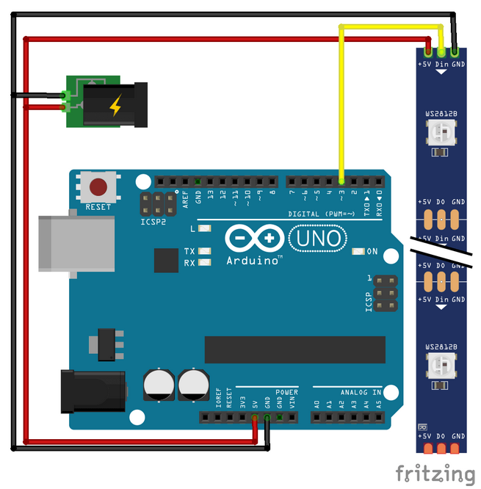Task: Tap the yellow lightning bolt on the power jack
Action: pos(115,107)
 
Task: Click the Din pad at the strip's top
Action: pos(441,52)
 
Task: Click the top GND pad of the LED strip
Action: pos(456,52)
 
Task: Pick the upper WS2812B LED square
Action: pos(441,132)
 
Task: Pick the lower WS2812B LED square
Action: pos(441,363)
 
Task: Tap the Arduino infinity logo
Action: pos(254,238)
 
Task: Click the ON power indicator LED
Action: pos(358,252)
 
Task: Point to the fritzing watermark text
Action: pos(434,474)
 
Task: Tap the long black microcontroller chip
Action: pos(294,349)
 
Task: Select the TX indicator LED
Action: pos(204,251)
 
